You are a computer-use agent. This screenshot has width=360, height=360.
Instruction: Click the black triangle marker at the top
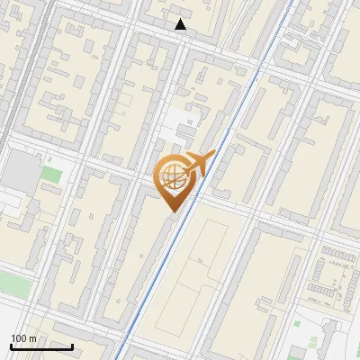point(181,24)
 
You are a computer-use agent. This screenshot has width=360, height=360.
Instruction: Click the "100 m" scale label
point(23,338)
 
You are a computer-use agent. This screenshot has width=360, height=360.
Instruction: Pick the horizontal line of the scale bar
point(41,346)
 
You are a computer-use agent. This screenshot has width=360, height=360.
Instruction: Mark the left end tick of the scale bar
point(11,346)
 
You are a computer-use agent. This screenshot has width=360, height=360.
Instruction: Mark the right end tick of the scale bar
point(72,346)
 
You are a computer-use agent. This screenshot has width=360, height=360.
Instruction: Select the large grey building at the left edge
point(20,170)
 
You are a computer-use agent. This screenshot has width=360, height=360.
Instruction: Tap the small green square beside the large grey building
point(52,173)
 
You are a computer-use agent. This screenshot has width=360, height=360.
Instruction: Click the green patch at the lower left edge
point(11,284)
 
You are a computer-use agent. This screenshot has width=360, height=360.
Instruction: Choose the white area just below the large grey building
point(14,202)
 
